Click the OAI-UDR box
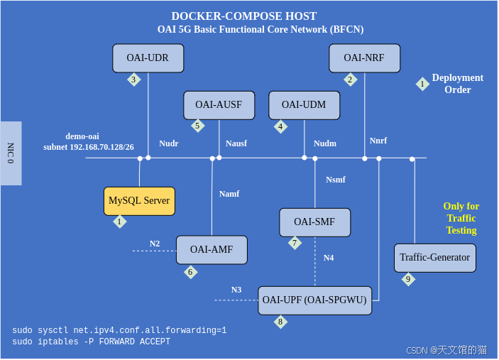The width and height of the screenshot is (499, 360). click(x=148, y=58)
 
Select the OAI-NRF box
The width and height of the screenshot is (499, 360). click(x=364, y=58)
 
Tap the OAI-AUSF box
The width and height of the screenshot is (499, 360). click(x=219, y=105)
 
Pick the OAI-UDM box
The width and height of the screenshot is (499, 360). click(x=304, y=105)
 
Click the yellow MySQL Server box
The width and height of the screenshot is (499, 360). click(x=139, y=201)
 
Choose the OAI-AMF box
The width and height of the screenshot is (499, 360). click(x=212, y=250)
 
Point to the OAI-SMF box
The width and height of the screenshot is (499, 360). click(x=314, y=222)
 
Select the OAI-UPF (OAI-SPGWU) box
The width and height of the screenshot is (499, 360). click(x=314, y=300)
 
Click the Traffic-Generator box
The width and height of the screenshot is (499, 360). click(x=434, y=258)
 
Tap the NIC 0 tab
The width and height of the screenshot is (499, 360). click(x=11, y=153)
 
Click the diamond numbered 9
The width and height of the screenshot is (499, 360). click(x=407, y=280)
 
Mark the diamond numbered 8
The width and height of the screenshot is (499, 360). click(x=280, y=322)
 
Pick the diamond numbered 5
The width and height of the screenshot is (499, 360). click(x=197, y=126)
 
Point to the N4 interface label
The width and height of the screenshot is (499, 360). click(x=329, y=258)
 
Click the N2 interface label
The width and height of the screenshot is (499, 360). click(x=155, y=244)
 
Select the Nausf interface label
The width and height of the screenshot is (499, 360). click(x=236, y=143)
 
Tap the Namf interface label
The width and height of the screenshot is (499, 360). click(x=229, y=194)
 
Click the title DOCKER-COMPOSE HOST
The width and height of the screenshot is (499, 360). click(x=244, y=16)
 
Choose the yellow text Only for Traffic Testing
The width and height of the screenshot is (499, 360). click(x=461, y=218)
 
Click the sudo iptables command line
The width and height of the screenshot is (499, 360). click(x=91, y=342)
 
